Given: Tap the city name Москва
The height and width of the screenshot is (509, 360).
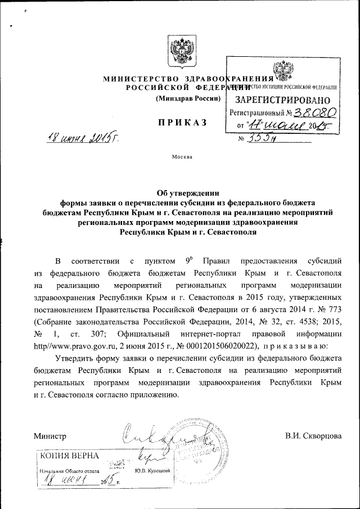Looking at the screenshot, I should click(182, 156).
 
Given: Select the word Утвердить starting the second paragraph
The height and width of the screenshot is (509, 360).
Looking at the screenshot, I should click(79, 358).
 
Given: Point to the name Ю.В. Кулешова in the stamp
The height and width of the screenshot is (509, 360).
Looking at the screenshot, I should click(153, 470).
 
